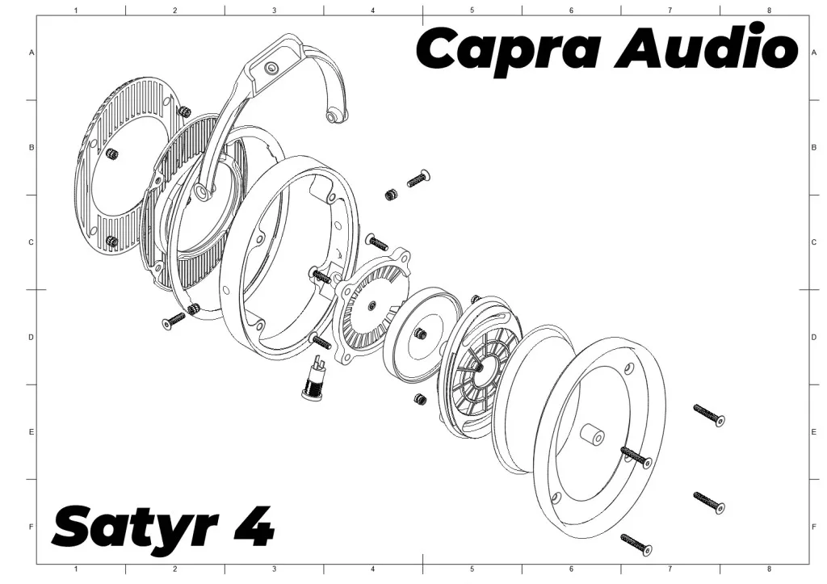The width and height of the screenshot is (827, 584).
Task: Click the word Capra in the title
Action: (510, 49)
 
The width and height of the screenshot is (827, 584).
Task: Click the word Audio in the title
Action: (707, 46)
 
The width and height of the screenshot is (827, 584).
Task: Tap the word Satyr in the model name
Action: (135, 527)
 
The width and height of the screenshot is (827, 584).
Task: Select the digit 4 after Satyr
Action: (254, 526)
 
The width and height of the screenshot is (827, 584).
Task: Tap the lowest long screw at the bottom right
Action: (636, 544)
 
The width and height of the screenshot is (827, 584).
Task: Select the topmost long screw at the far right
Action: (709, 414)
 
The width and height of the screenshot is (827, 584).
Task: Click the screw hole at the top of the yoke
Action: (271, 68)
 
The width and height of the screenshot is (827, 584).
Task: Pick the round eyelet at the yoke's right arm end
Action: (333, 116)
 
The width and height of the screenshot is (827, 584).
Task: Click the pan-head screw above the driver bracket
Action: (419, 179)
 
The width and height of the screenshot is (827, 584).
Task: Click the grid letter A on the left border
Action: (31, 53)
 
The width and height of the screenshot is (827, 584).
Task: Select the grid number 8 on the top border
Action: (769, 10)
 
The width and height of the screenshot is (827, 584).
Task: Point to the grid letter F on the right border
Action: (814, 527)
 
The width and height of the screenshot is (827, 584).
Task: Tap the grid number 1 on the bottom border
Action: (76, 569)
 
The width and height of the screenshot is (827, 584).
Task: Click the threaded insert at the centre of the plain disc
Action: (420, 334)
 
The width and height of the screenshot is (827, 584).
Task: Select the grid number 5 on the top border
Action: (472, 10)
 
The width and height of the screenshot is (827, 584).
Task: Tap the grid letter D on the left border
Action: (31, 337)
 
